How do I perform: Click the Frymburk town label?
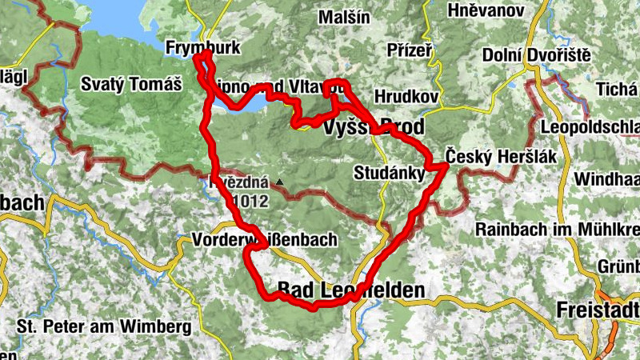(x=202, y=49)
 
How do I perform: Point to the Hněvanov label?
(x=486, y=10)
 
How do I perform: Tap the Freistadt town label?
(x=599, y=310)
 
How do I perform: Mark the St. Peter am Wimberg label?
(x=104, y=326)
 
